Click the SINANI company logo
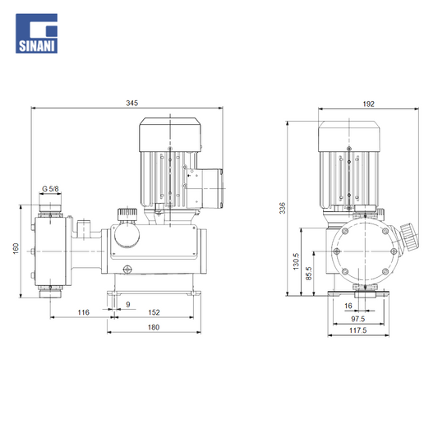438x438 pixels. tap(37, 34)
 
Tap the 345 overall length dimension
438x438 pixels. tap(131, 103)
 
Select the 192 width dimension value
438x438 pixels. tap(368, 104)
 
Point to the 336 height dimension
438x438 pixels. tap(283, 208)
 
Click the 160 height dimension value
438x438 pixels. tap(16, 248)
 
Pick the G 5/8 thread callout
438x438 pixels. tap(50, 189)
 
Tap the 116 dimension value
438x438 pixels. tap(83, 312)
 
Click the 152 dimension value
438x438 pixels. tap(154, 312)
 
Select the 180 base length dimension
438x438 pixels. tap(154, 327)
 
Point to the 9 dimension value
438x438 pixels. tap(128, 304)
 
